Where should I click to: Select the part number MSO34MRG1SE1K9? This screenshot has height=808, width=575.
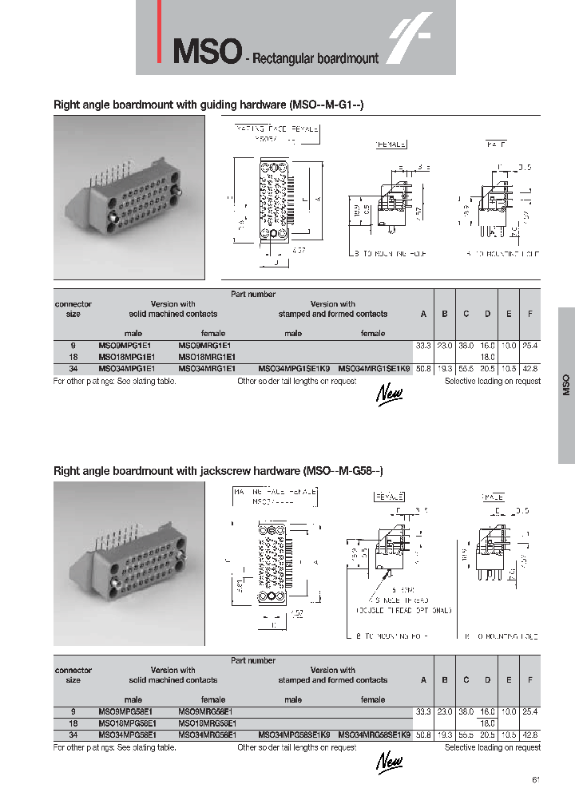[x=374, y=370]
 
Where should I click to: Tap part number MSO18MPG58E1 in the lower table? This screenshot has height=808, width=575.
[x=126, y=723]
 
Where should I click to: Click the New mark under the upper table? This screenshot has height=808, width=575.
[x=390, y=393]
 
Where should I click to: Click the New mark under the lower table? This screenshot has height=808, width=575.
[x=390, y=760]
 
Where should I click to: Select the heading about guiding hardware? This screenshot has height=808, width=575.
[x=208, y=105]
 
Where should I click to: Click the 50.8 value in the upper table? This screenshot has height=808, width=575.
[x=423, y=370]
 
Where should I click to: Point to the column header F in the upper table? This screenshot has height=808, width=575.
[x=529, y=314]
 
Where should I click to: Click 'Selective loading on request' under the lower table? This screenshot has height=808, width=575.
[x=492, y=747]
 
